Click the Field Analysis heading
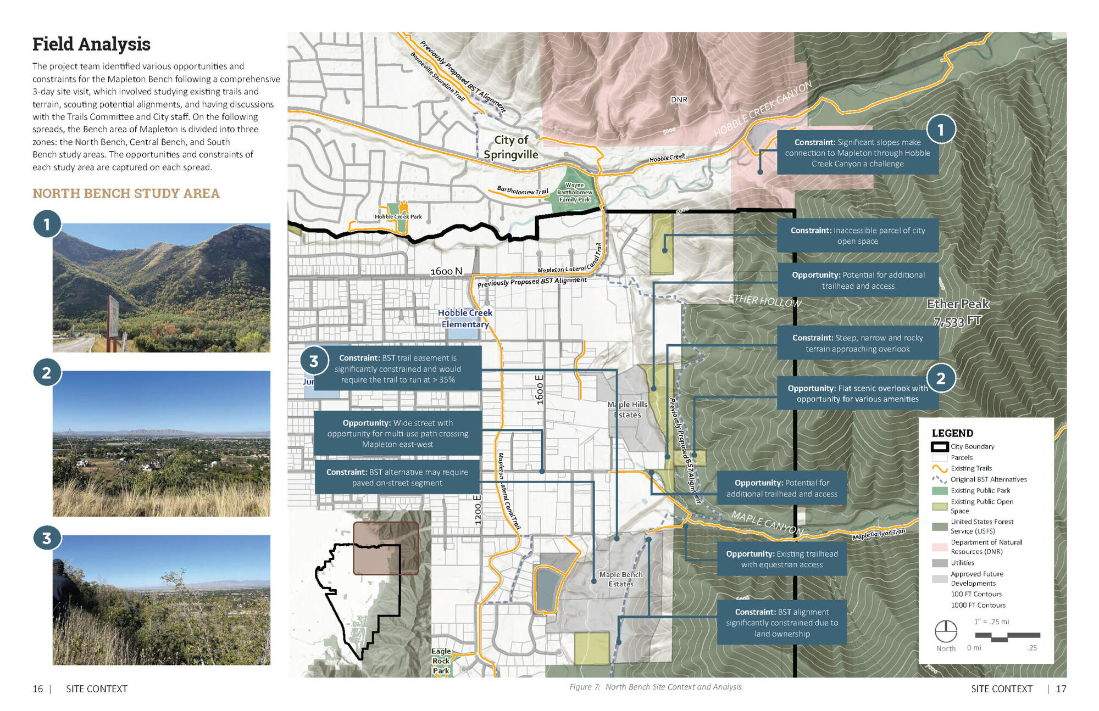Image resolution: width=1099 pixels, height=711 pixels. click(91, 44)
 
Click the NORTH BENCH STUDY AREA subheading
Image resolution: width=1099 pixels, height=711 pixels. click(126, 193)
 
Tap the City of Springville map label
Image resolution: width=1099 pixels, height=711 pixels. click(510, 147)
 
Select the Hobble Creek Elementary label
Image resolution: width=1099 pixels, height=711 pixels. click(465, 318)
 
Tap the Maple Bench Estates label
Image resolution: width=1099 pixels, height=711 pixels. click(621, 579)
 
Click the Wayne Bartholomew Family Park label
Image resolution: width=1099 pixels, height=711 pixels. click(575, 193)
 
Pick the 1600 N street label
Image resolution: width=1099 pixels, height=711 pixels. click(446, 271)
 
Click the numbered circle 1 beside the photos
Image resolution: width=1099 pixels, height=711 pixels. click(47, 224)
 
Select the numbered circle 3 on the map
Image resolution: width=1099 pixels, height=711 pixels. click(313, 361)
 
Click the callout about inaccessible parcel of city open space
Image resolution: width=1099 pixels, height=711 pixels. click(857, 236)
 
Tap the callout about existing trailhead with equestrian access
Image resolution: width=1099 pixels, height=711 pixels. click(781, 559)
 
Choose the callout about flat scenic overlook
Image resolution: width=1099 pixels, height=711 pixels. click(857, 394)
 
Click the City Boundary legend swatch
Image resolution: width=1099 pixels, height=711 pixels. click(940, 447)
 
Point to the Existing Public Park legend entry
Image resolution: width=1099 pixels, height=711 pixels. click(980, 490)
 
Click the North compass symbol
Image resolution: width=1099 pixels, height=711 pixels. click(946, 631)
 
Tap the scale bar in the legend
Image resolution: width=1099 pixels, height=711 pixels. click(1007, 637)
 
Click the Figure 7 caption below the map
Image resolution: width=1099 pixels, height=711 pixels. click(655, 687)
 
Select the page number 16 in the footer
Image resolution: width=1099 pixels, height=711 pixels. click(37, 689)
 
